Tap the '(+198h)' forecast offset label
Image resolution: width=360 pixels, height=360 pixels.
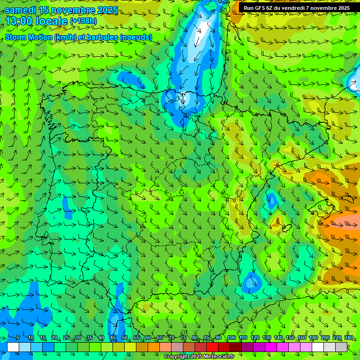tap(83, 21)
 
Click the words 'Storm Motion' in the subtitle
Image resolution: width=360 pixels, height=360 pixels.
tap(29, 37)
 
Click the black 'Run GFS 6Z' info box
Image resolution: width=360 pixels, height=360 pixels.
tap(297, 8)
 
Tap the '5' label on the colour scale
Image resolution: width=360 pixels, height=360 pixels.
tap(18, 337)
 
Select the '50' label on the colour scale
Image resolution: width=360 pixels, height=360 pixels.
tap(125, 337)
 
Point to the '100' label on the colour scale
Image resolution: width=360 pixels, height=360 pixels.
tap(231, 337)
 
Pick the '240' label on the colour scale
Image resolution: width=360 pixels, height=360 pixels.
tap(349, 337)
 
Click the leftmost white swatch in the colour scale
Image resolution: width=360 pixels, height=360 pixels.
tap(13, 347)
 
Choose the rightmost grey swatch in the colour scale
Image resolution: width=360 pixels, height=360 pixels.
tap(341, 347)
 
